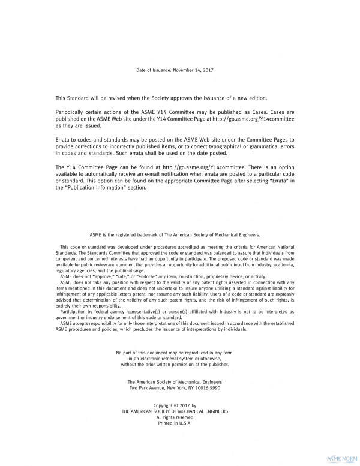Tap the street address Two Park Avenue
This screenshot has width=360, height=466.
click(150, 388)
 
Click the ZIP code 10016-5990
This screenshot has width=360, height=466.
click(206, 388)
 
